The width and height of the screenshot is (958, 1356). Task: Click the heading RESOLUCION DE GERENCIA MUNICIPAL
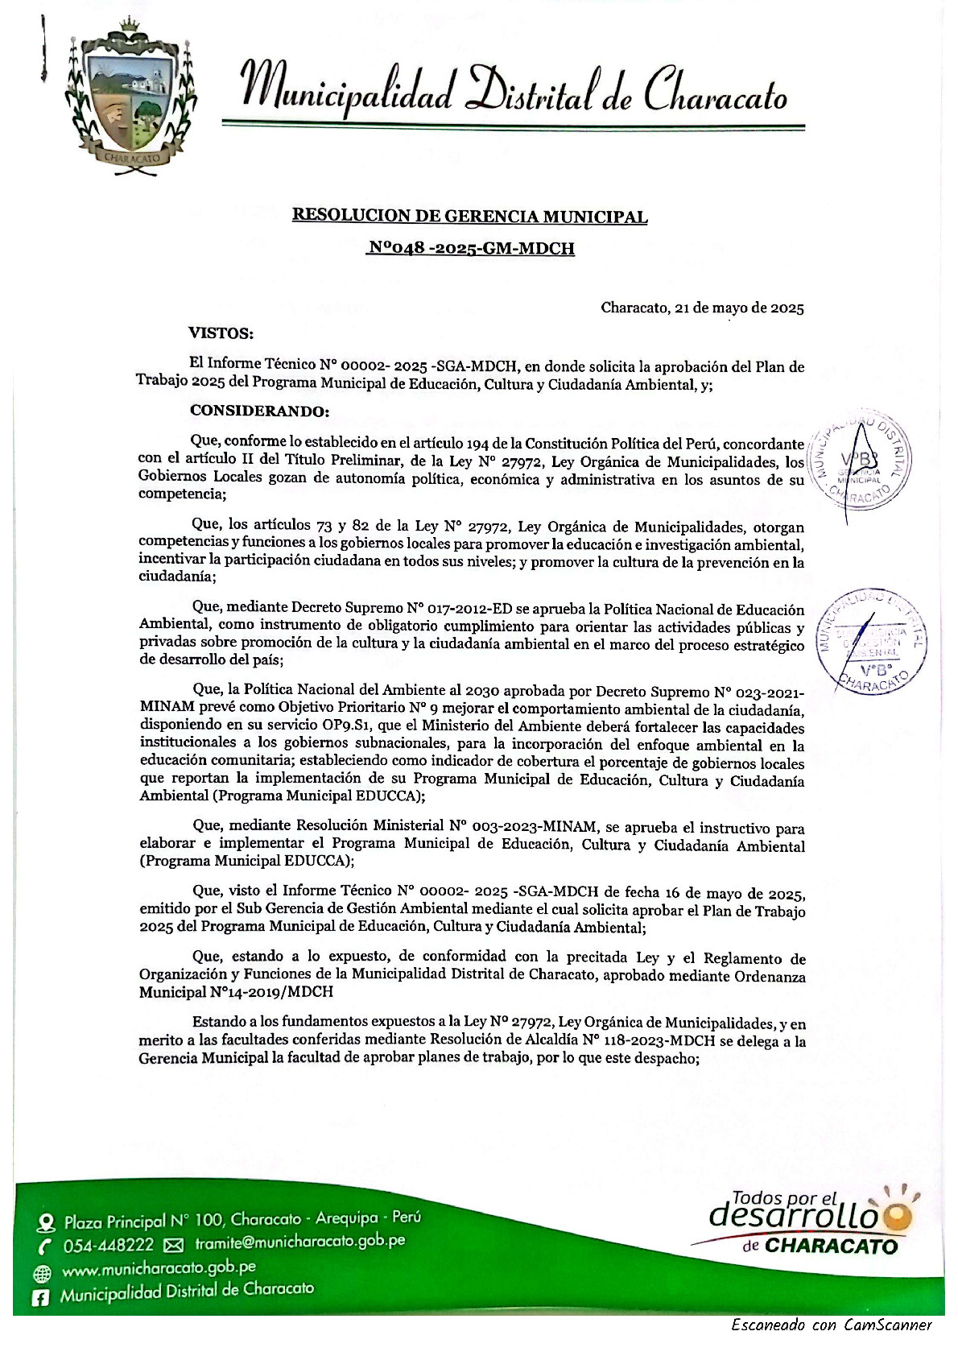click(469, 216)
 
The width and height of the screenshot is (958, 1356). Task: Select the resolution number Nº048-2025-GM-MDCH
click(470, 248)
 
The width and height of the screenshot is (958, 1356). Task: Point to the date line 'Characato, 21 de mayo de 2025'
click(702, 308)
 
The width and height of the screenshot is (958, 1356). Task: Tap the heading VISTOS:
click(221, 333)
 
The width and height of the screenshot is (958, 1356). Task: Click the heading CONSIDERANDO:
click(259, 411)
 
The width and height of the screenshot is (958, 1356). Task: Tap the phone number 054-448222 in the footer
click(109, 1246)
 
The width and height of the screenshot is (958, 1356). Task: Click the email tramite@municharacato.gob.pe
click(299, 1242)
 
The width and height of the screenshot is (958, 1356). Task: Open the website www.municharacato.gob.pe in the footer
click(159, 1269)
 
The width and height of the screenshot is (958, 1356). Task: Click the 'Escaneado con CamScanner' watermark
click(831, 1325)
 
